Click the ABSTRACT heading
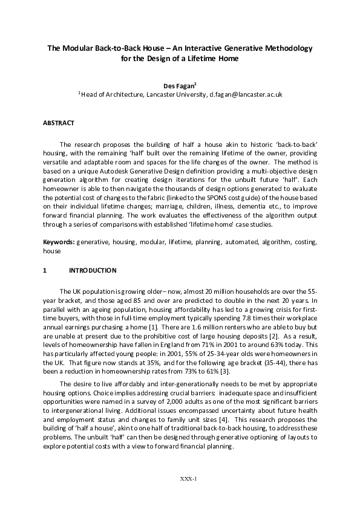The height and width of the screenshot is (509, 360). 59,123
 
